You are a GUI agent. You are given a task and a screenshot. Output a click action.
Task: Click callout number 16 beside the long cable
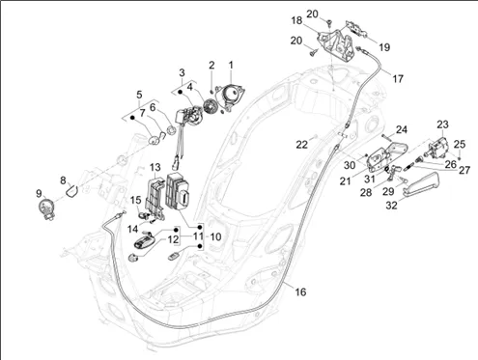(300, 291)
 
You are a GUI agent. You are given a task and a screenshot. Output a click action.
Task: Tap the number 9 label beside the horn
(39, 194)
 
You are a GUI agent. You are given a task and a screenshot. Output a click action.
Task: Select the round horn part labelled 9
(46, 208)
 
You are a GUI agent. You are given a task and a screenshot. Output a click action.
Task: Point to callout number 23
(443, 125)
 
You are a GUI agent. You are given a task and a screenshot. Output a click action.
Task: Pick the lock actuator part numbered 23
(437, 147)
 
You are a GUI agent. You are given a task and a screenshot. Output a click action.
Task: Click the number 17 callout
(398, 78)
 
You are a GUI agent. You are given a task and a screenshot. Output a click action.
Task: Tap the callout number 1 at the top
(231, 65)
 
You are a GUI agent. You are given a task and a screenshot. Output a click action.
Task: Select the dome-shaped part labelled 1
(231, 96)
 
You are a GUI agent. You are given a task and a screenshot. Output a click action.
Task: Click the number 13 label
(155, 167)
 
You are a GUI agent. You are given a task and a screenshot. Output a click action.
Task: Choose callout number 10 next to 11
(215, 237)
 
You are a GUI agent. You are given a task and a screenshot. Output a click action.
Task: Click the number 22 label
(301, 145)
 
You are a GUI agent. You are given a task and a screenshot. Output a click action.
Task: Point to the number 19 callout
(384, 47)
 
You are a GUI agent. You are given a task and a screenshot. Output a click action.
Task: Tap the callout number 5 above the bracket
(139, 95)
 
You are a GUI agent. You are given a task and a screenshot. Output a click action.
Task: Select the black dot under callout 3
(180, 92)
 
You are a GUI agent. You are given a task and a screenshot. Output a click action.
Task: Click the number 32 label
(391, 206)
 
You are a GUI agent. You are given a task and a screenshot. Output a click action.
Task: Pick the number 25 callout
(460, 144)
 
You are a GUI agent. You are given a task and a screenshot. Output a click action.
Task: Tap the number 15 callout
(135, 200)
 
